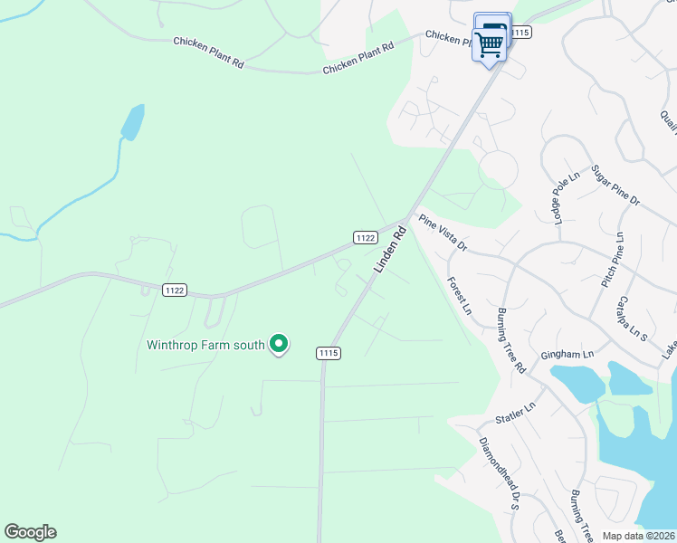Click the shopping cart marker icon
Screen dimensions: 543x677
tap(490, 43)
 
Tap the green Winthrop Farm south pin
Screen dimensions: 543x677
tap(280, 344)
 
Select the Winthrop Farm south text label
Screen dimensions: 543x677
tap(206, 345)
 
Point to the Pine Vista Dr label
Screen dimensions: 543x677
tap(443, 233)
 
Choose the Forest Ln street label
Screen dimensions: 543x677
tap(460, 295)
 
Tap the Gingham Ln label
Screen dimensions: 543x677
tap(567, 354)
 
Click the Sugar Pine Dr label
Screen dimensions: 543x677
tap(615, 186)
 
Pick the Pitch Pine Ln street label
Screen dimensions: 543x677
tap(613, 261)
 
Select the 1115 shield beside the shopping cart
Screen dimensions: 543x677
tap(520, 33)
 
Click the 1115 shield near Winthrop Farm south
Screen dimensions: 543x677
tap(328, 353)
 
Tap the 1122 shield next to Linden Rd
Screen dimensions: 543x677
tap(365, 237)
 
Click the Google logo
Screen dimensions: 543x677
tap(30, 532)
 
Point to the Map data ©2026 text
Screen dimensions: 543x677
tap(639, 536)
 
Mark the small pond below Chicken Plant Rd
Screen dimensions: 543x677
tap(133, 122)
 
